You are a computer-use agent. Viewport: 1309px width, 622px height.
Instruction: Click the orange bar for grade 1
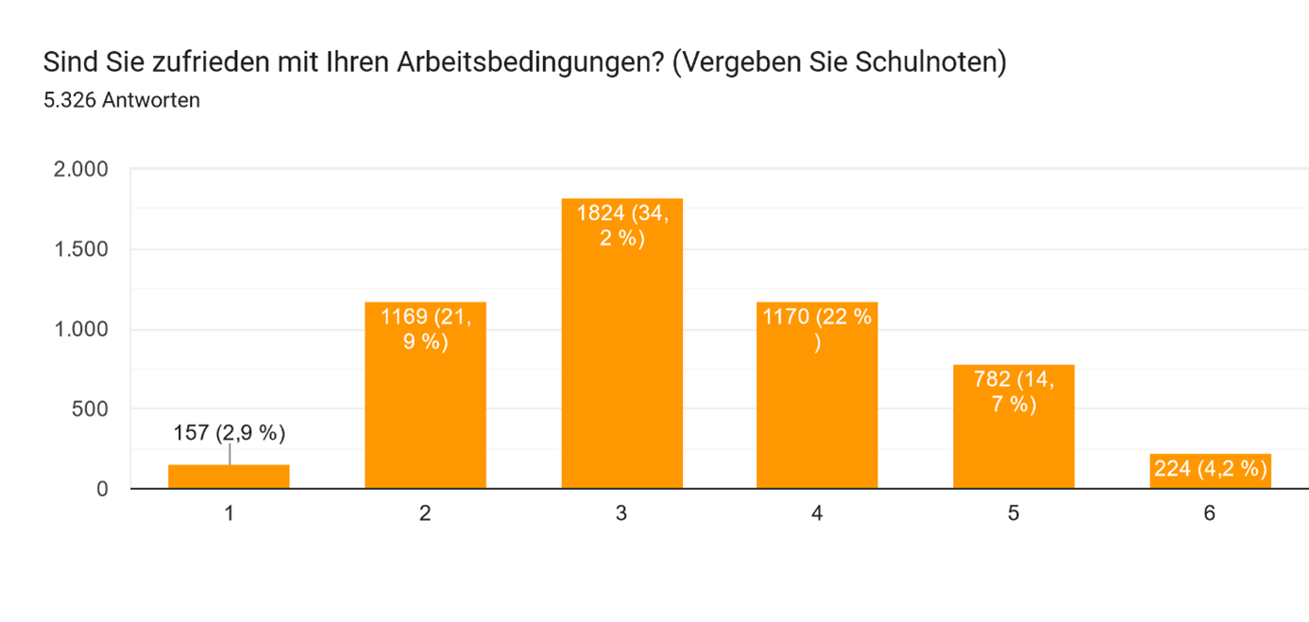point(229,477)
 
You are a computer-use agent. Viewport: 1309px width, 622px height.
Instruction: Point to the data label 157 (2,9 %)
point(229,433)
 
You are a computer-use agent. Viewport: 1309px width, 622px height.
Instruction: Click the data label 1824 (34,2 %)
point(621,227)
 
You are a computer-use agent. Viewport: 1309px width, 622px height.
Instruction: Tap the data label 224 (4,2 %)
point(1210,468)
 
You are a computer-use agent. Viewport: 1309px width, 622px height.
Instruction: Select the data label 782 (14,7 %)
point(1013,393)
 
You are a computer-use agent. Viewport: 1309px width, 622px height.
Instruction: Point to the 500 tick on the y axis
point(92,410)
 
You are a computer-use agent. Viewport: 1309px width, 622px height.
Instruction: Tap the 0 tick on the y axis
point(102,489)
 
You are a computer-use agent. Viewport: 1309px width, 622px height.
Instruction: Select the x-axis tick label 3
point(621,514)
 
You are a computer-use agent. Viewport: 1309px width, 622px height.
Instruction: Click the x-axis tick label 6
point(1210,514)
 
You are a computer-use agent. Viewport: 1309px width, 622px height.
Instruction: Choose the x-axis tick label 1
point(229,514)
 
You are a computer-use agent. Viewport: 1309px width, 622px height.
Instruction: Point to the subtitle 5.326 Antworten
point(122,100)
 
